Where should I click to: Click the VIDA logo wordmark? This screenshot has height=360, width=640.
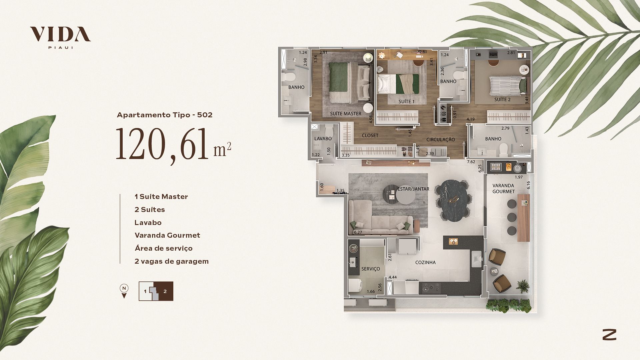pyautogui.click(x=60, y=34)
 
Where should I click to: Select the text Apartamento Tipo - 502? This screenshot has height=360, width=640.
pyautogui.click(x=165, y=115)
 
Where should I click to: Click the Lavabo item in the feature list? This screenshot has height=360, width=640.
pyautogui.click(x=148, y=222)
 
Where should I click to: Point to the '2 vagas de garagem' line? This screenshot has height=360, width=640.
pyautogui.click(x=172, y=261)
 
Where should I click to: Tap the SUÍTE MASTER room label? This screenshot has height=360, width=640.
pyautogui.click(x=346, y=114)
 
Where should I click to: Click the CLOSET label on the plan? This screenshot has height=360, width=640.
pyautogui.click(x=370, y=135)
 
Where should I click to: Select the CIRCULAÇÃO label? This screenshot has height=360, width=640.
pyautogui.click(x=441, y=140)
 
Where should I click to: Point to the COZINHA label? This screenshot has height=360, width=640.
pyautogui.click(x=425, y=262)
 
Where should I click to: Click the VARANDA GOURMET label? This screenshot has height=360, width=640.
pyautogui.click(x=503, y=188)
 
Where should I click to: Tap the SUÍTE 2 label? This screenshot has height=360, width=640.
pyautogui.click(x=502, y=99)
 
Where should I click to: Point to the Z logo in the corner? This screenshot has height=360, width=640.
pyautogui.click(x=609, y=335)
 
